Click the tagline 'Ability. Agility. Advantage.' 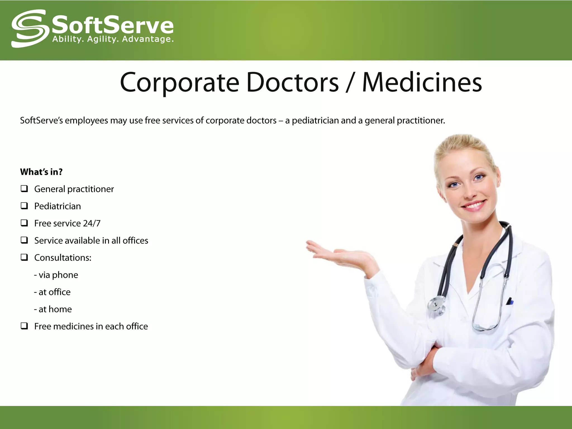pos(113,39)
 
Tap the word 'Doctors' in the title pos(292,82)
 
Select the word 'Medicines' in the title pos(422,82)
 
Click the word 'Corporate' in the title pos(180,83)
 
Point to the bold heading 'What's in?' pos(41,172)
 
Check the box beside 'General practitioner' pos(24,189)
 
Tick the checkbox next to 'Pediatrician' pos(24,206)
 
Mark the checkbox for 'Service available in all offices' pos(24,240)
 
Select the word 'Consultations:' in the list pos(63,258)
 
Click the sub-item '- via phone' pos(56,275)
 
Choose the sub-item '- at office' pos(52,292)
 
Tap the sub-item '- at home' pos(53,309)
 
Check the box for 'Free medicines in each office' pos(24,326)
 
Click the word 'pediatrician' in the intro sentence pos(315,120)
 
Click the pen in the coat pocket pos(509,301)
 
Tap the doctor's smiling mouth pos(474,205)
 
